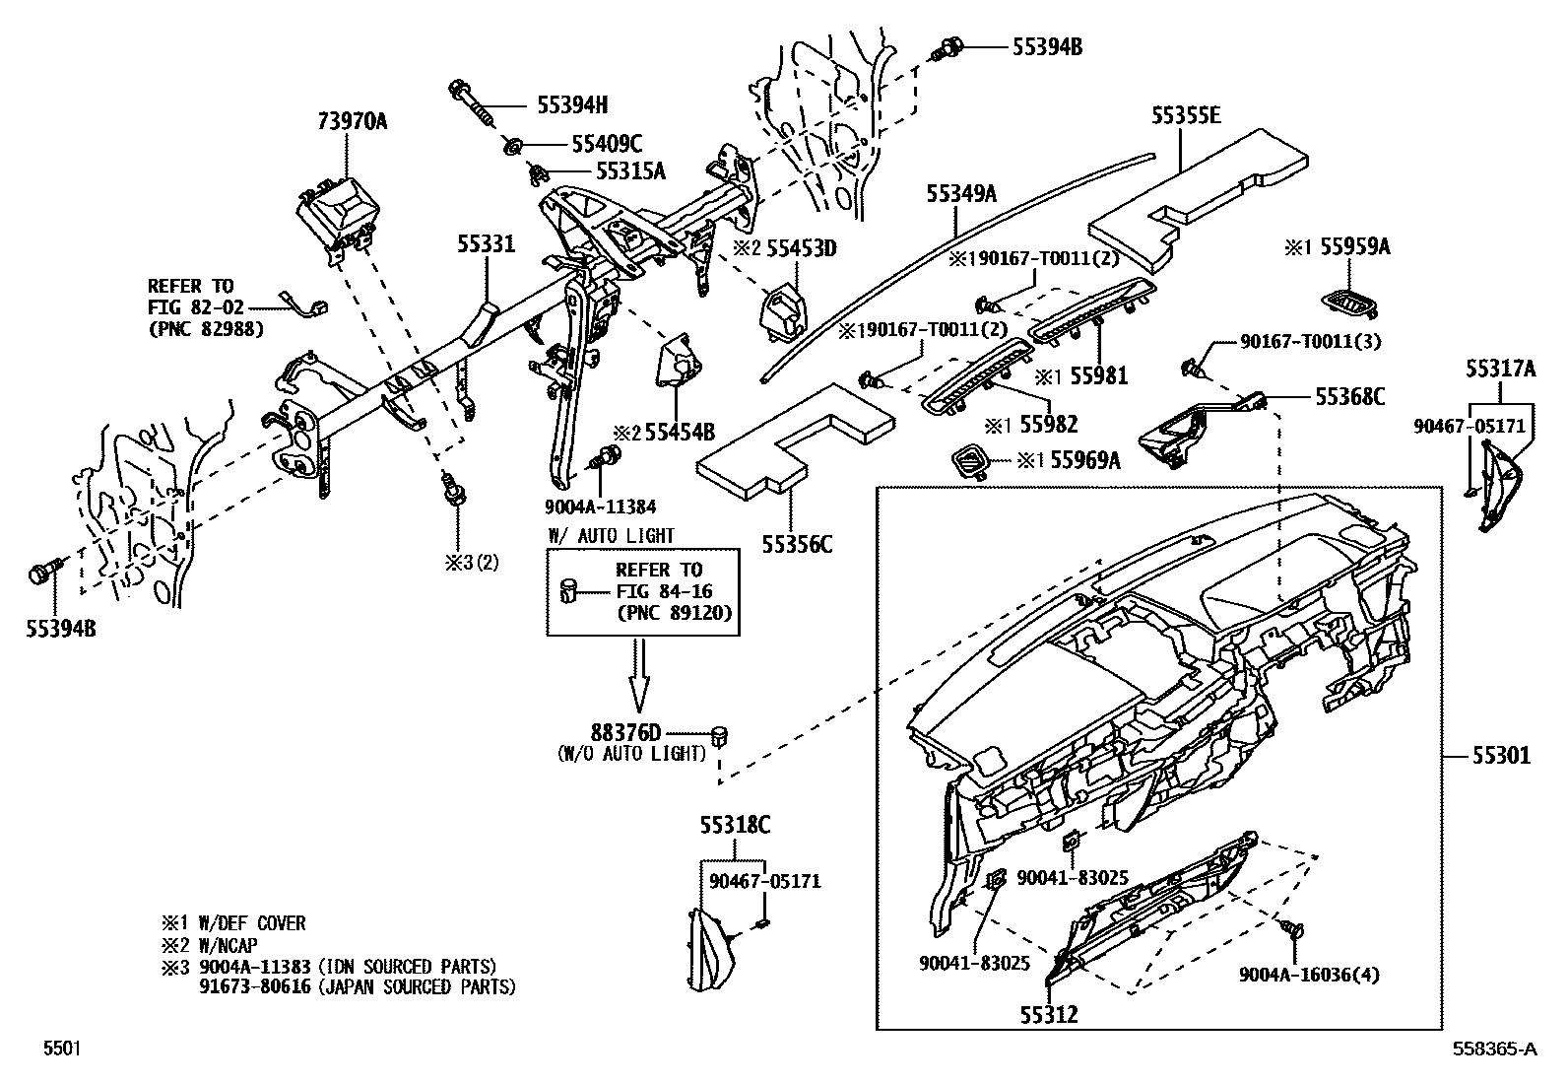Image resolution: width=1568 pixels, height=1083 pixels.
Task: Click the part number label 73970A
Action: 352,121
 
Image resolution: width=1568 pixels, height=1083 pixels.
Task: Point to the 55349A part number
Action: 960,194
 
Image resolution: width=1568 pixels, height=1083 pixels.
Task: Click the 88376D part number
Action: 626,733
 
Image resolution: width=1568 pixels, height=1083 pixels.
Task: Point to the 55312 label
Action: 1048,1014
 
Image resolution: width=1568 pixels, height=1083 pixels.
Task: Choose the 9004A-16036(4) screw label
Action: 1309,976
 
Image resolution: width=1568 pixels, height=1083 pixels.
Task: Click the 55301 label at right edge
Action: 1501,756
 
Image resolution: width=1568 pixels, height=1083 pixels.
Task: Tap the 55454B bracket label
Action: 679,433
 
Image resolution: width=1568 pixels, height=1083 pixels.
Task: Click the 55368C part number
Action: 1349,396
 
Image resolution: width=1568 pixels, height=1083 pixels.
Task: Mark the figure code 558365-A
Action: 1493,1049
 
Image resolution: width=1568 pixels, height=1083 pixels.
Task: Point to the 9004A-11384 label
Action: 600,507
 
